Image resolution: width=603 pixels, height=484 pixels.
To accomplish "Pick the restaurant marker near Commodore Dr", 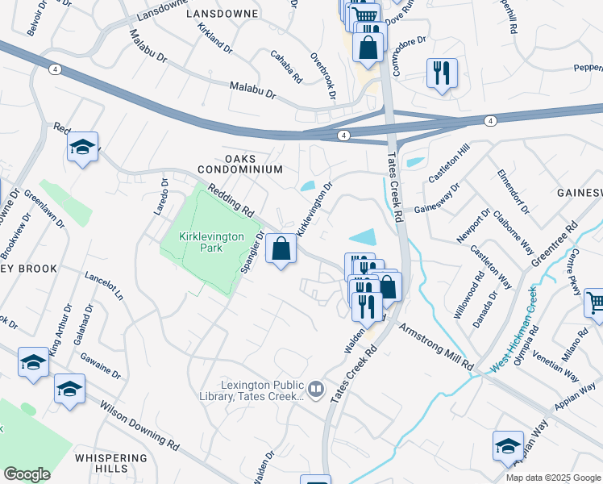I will tap(442, 74).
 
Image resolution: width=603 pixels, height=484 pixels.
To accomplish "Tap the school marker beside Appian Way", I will tap(509, 446).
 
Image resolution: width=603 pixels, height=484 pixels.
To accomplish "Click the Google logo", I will tap(27, 474).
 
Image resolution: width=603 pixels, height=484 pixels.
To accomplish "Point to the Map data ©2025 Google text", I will tap(552, 478).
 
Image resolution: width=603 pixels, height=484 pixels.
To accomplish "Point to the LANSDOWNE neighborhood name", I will tap(222, 15).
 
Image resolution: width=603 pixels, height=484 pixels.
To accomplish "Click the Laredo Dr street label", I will tap(160, 197).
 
